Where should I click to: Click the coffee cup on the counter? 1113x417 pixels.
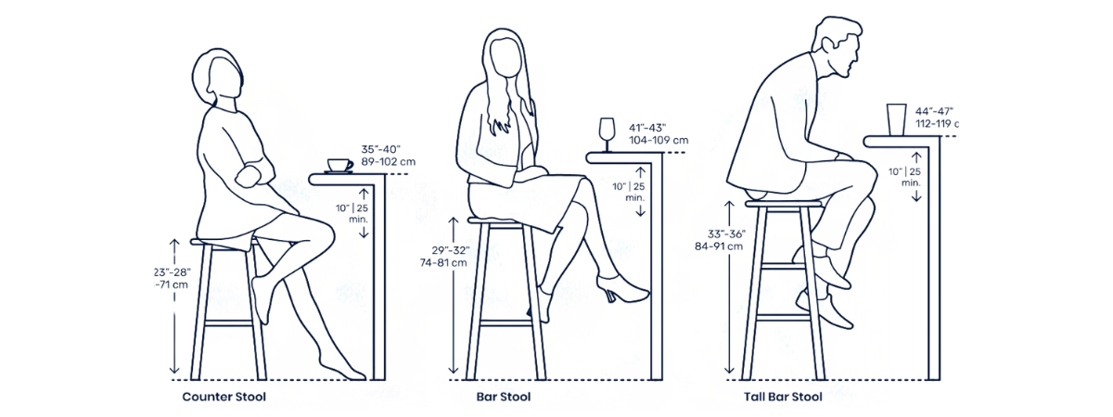339,166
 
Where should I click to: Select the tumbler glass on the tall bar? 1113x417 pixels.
896,120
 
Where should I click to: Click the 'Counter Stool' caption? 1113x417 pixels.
224,398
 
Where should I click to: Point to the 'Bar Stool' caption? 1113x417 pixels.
504,398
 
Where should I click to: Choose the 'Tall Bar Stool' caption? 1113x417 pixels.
783,398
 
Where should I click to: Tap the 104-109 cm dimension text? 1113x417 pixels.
659,140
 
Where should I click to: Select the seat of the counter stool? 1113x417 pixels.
224,242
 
